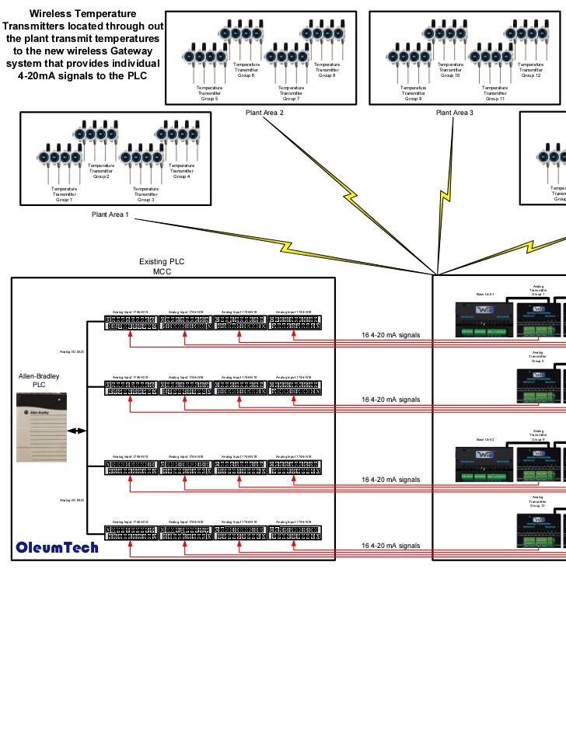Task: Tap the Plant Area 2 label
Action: click(264, 113)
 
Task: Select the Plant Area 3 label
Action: click(455, 113)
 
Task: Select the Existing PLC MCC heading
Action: click(162, 267)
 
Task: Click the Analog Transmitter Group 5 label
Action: click(537, 357)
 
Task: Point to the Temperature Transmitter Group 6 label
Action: click(246, 70)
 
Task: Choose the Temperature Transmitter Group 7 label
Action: click(289, 94)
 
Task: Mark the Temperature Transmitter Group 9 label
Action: click(413, 94)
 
